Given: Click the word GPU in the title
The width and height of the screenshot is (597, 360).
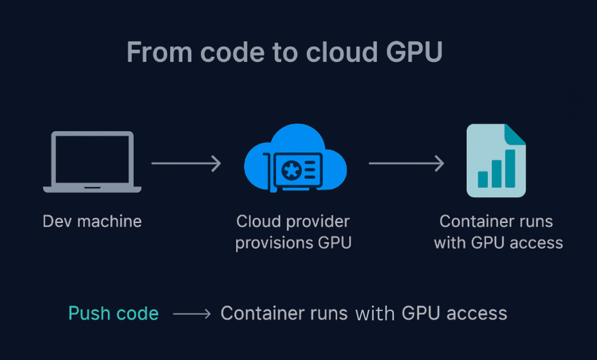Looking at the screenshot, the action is click(x=414, y=52).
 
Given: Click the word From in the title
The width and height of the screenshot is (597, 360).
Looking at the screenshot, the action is click(x=159, y=52).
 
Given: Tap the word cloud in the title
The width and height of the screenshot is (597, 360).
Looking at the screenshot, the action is click(x=342, y=52).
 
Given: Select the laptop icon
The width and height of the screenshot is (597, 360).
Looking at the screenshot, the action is click(x=92, y=162).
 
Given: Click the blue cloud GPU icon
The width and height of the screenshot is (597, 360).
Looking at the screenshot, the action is click(x=295, y=158).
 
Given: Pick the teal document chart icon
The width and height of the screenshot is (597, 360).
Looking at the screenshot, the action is click(x=496, y=161).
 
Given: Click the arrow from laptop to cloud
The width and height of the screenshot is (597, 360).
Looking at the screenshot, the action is click(x=186, y=163).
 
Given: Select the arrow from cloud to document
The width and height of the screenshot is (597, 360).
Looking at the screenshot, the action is click(x=407, y=163).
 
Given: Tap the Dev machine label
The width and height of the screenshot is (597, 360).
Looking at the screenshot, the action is click(x=92, y=221).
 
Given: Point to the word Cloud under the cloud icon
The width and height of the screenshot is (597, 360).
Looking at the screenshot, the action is click(x=258, y=221).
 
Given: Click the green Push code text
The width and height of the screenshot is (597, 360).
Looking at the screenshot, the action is click(x=114, y=313).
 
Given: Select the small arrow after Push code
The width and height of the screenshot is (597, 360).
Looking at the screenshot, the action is click(x=192, y=314).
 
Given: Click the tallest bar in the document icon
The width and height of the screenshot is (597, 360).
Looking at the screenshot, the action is click(x=510, y=169).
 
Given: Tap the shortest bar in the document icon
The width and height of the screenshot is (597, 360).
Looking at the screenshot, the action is click(x=483, y=180).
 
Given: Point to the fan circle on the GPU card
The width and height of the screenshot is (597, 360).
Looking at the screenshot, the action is click(x=292, y=170).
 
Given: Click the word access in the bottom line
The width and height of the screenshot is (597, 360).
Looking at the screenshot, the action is click(x=477, y=314).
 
